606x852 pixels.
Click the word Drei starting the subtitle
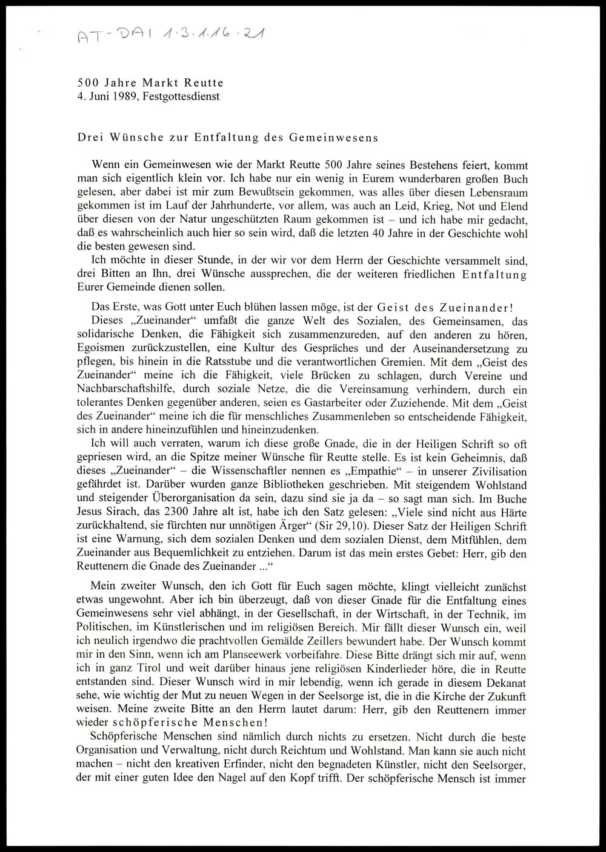tap(90, 137)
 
